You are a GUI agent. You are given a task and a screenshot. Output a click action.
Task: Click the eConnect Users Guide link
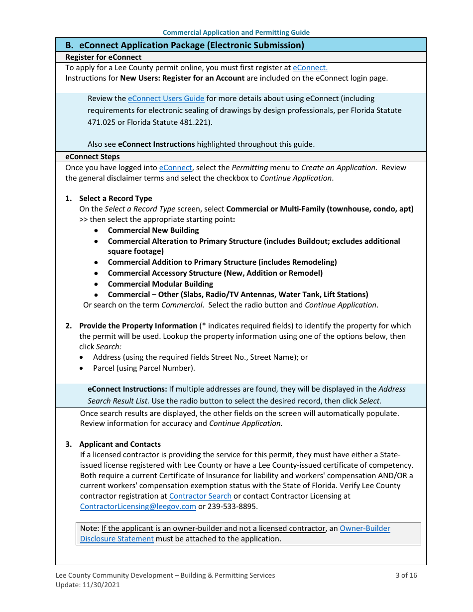(166, 99)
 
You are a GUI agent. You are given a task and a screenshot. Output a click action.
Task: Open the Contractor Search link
(200, 496)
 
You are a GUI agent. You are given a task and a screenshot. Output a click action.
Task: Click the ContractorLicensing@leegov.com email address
(138, 507)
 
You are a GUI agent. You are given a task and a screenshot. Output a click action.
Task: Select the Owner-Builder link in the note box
(365, 528)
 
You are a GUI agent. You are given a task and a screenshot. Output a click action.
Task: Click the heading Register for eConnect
(104, 57)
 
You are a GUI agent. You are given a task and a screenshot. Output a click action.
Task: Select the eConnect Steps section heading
(93, 157)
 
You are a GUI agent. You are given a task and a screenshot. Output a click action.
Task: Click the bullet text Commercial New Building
(153, 230)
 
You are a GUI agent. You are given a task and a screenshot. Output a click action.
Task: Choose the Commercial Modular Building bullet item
(160, 284)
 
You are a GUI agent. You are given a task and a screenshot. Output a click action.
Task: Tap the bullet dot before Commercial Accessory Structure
(97, 273)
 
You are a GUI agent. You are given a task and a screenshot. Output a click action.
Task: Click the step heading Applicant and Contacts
(120, 444)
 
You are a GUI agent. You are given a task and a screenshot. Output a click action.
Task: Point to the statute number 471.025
(101, 122)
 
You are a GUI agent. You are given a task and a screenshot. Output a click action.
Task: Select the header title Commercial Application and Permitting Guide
(236, 32)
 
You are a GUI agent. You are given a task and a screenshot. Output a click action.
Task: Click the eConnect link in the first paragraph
(310, 68)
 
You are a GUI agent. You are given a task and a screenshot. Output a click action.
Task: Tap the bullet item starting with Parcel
(144, 368)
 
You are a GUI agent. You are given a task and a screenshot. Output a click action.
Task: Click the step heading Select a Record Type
(116, 199)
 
